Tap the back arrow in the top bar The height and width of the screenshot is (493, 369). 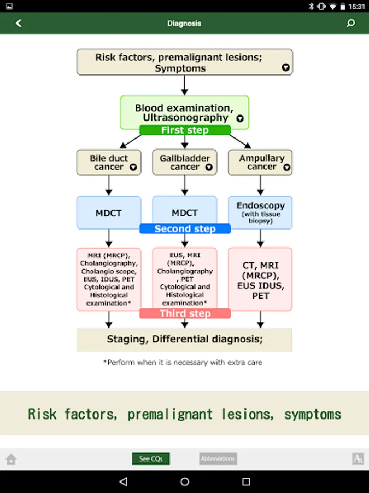pyautogui.click(x=19, y=24)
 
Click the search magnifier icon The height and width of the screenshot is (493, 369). pyautogui.click(x=351, y=23)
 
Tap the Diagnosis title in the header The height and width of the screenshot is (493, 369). pyautogui.click(x=184, y=24)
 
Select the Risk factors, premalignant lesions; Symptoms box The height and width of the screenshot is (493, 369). pyautogui.click(x=184, y=62)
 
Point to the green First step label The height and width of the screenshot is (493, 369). pyautogui.click(x=185, y=130)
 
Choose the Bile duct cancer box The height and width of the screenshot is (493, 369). pyautogui.click(x=109, y=163)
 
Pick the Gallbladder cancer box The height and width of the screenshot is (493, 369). pyautogui.click(x=185, y=163)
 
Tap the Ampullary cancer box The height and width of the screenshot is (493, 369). pyautogui.click(x=260, y=163)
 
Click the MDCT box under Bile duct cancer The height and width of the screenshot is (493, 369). pyautogui.click(x=109, y=213)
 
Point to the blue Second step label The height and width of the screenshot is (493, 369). pyautogui.click(x=185, y=229)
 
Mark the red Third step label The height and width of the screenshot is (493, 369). pyautogui.click(x=185, y=313)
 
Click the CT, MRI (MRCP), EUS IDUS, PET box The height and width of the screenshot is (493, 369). pyautogui.click(x=260, y=279)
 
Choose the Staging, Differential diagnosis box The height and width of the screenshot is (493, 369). pyautogui.click(x=184, y=339)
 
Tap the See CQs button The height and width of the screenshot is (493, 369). pyautogui.click(x=151, y=458)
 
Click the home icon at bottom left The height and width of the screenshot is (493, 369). pyautogui.click(x=11, y=459)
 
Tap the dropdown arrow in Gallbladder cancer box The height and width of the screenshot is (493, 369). pyautogui.click(x=208, y=168)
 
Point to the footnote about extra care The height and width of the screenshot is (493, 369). pyautogui.click(x=183, y=363)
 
